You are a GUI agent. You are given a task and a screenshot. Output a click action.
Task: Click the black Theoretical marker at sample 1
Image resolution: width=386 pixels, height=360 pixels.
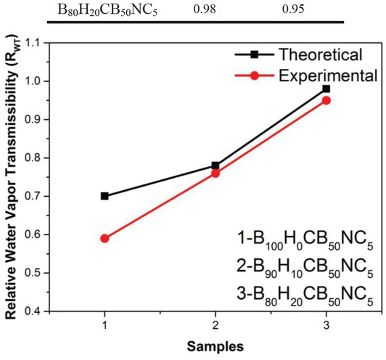(104, 196)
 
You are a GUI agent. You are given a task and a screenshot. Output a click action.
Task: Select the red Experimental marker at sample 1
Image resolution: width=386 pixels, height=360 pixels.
(104, 238)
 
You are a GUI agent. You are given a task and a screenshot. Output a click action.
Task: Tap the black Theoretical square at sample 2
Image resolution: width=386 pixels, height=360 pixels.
(215, 165)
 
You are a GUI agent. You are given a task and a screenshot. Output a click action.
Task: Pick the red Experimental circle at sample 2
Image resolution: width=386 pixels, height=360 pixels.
(215, 173)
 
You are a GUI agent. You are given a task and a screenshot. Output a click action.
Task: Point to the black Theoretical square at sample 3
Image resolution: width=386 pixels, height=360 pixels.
(327, 89)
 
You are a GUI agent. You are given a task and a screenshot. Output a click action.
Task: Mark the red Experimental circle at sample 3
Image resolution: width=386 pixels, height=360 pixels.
(327, 100)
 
